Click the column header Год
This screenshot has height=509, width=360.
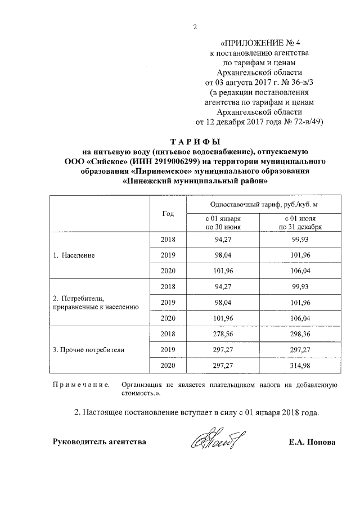pyautogui.click(x=168, y=214)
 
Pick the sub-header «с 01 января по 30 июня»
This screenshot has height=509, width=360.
pyautogui.click(x=223, y=223)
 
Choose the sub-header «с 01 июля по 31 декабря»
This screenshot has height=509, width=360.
pyautogui.click(x=304, y=223)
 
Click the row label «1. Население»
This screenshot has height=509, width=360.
pyautogui.click(x=74, y=255)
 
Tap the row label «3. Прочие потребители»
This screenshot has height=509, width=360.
pyautogui.click(x=88, y=349)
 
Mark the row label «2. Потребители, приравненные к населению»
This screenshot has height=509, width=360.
pyautogui.click(x=99, y=302)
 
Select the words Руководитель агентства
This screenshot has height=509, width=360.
pyautogui.click(x=99, y=442)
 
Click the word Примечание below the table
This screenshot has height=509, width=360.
pyautogui.click(x=80, y=385)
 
